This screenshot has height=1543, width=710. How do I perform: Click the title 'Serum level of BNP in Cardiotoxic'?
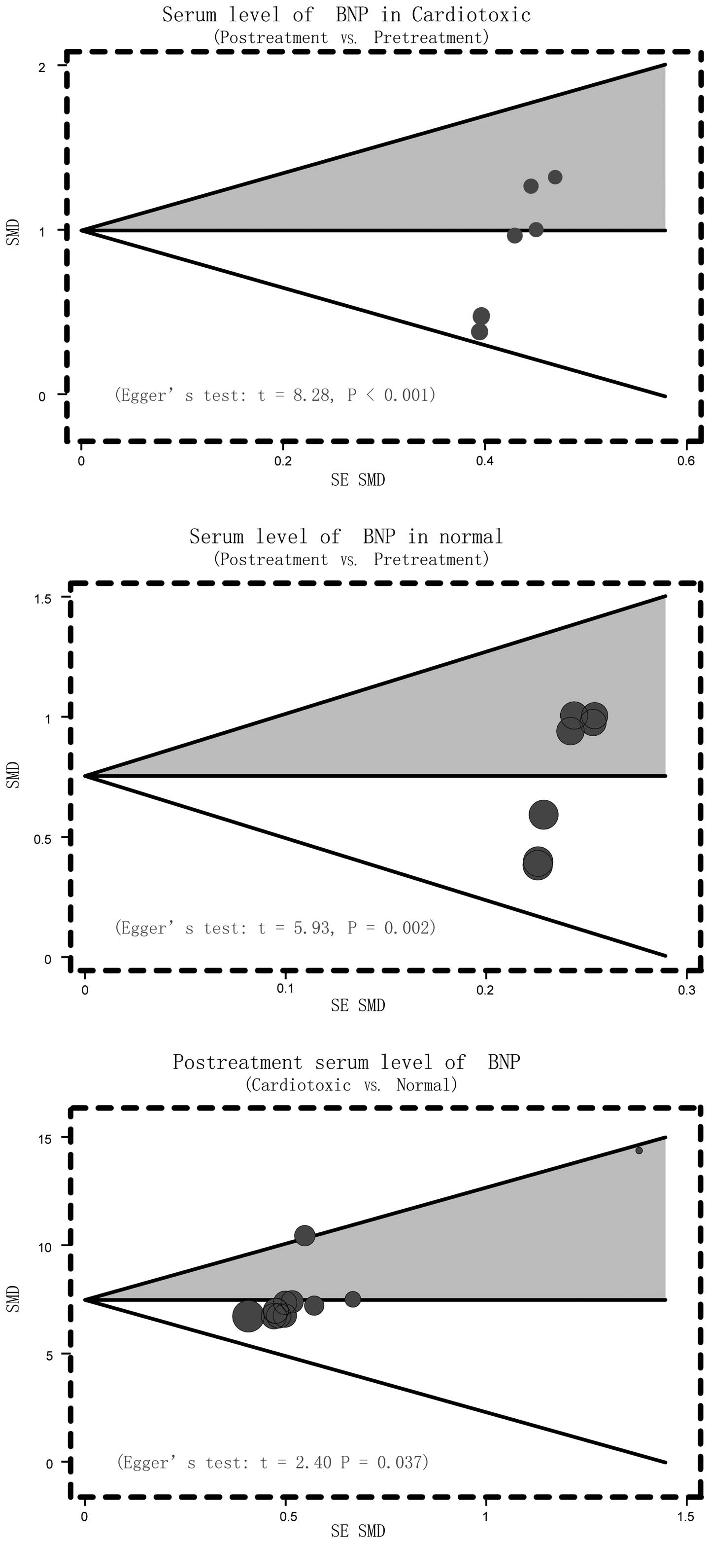click(x=346, y=14)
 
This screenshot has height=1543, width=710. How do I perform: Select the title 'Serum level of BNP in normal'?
click(x=346, y=536)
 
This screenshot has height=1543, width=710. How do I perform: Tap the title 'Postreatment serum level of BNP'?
click(x=346, y=1062)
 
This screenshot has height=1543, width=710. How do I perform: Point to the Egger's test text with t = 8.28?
click(x=275, y=395)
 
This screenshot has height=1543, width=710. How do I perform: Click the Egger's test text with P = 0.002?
click(x=275, y=928)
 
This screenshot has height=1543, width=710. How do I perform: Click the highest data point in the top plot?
click(x=555, y=177)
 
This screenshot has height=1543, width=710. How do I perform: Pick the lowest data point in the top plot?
click(x=479, y=331)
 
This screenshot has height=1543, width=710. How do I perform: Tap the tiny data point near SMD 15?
click(x=639, y=1150)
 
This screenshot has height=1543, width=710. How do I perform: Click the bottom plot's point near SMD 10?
click(x=304, y=1235)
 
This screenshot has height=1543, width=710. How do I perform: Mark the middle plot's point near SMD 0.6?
click(x=543, y=814)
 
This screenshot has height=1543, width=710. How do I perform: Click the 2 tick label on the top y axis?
click(x=42, y=67)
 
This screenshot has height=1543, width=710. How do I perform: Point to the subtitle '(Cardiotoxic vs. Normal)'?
click(x=351, y=1085)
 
